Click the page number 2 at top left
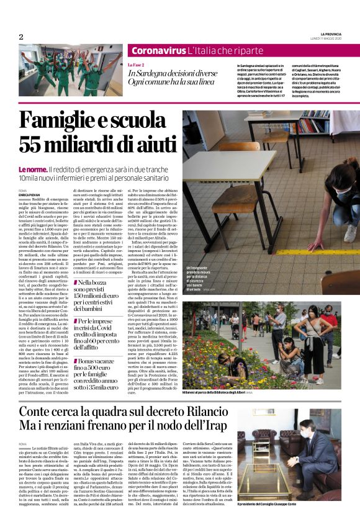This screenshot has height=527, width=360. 20,37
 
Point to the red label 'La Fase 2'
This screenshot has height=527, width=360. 136,65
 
